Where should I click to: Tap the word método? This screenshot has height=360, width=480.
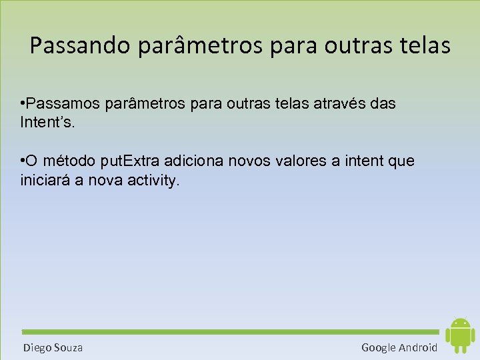pyautogui.click(x=70, y=162)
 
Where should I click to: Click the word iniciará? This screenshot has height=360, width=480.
pyautogui.click(x=47, y=180)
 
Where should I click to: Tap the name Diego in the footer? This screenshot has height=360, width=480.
pyautogui.click(x=37, y=347)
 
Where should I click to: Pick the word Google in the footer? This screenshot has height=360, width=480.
pyautogui.click(x=378, y=347)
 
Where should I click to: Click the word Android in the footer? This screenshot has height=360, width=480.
pyautogui.click(x=418, y=347)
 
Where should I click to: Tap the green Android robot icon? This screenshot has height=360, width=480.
pyautogui.click(x=460, y=335)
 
